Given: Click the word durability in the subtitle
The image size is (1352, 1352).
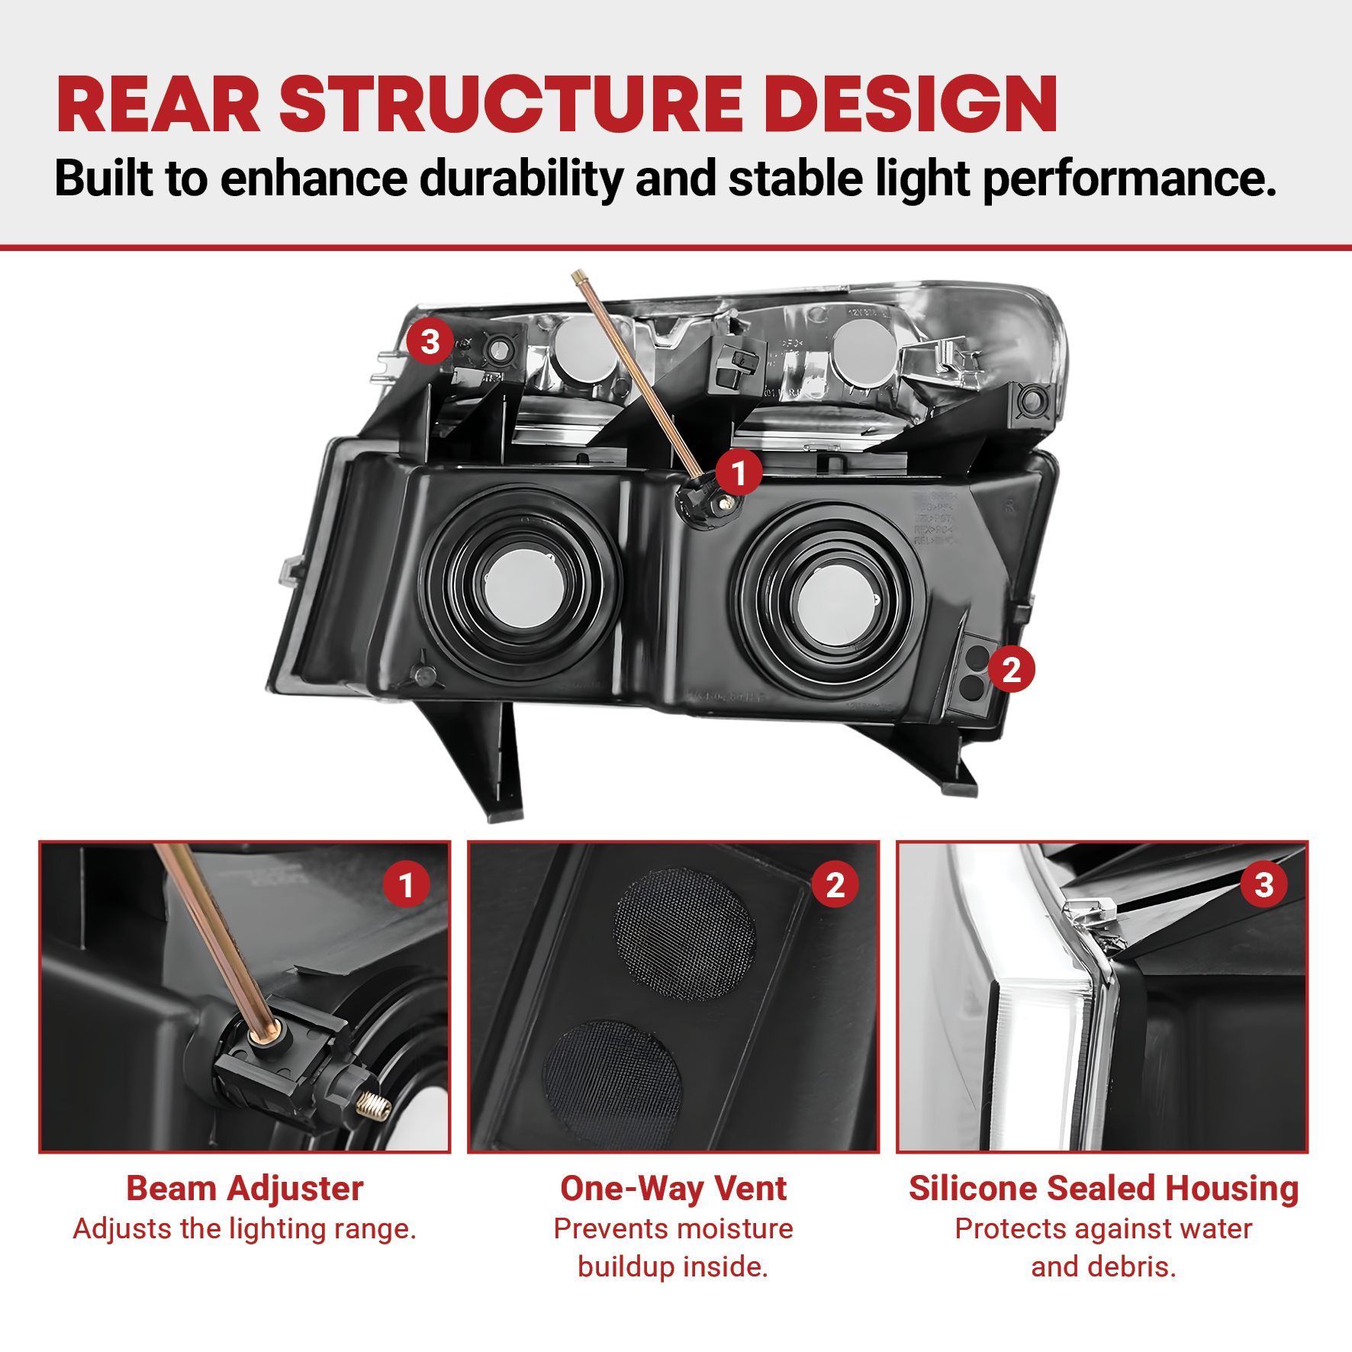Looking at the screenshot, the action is pos(522,179).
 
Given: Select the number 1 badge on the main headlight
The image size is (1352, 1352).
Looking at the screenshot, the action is pos(739,472).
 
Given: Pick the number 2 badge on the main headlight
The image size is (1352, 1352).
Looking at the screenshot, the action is pos(1011,669).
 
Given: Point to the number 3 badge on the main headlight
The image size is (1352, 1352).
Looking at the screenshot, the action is pos(430,341).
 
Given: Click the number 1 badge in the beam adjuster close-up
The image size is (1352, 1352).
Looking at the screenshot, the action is pos(406,884).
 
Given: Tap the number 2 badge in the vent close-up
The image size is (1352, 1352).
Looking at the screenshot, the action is pos(835,884).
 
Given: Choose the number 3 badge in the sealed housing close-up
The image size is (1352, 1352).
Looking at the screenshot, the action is pos(1263,884).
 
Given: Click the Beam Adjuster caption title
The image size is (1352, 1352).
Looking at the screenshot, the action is pos(245,1188).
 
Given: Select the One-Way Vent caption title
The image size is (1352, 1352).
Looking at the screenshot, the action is pos(673,1188).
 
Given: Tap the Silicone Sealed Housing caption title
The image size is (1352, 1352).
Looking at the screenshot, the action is pos(1103,1188).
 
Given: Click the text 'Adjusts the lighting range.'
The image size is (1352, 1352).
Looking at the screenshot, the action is pos(245,1229).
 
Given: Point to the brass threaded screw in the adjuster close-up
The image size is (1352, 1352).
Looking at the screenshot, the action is pos(374,1104).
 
